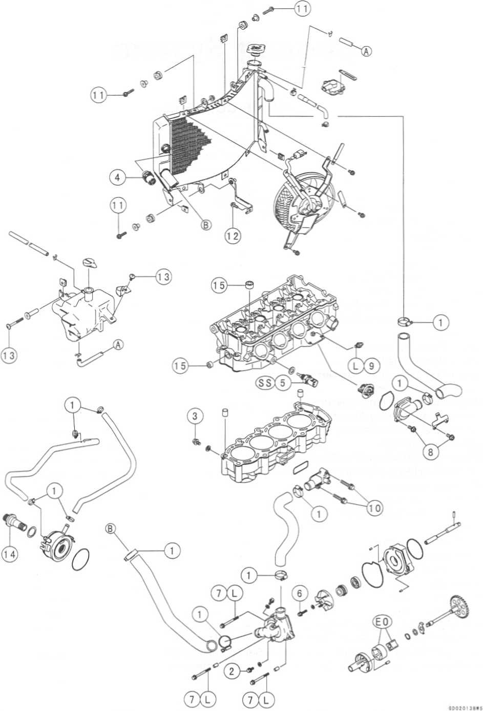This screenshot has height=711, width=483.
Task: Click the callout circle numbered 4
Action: [117, 177]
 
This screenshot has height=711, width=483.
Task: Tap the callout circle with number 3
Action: [194, 416]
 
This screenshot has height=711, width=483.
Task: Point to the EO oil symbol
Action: [383, 622]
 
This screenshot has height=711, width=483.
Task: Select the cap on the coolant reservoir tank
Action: [89, 263]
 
